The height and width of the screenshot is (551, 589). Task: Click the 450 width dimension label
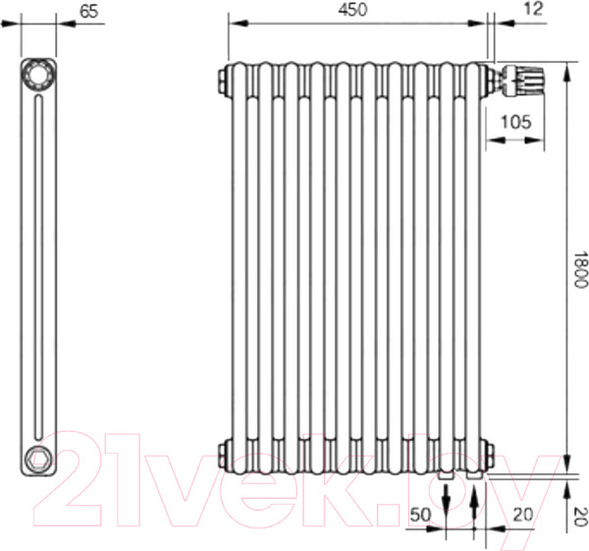352,10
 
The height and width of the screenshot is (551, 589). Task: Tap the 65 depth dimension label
89,11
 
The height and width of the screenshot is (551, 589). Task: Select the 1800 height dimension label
579,269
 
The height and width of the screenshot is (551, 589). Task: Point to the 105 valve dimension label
516,122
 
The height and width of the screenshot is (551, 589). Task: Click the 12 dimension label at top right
533,9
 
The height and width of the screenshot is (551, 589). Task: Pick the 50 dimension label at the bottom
420,515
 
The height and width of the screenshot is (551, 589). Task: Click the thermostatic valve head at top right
526,80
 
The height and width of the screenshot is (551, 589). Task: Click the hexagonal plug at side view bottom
38,458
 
